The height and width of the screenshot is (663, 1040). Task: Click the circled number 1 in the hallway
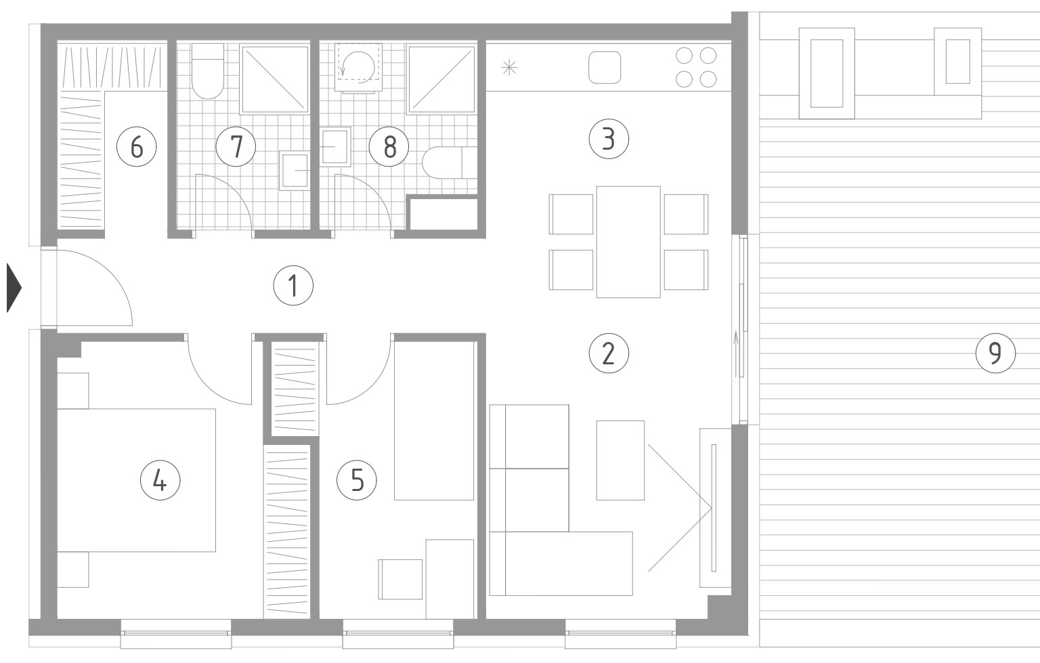point(293,285)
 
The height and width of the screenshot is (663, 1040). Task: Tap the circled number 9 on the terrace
point(995,354)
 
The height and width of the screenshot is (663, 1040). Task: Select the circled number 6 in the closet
point(136,147)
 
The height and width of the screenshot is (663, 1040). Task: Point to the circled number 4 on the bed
point(160,480)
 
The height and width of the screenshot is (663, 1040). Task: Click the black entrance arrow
point(14,288)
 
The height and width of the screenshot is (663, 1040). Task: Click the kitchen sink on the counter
point(605,67)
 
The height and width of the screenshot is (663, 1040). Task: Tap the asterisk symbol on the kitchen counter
point(509,68)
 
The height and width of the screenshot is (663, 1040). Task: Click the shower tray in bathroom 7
point(274,79)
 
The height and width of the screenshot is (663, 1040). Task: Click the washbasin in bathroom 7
point(295,171)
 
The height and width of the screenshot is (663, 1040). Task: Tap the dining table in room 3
point(628,242)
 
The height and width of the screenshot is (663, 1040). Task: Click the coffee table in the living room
point(620,460)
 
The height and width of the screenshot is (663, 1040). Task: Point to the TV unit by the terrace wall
point(715,508)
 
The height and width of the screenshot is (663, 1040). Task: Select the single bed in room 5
point(434,421)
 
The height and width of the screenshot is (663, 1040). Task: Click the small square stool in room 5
point(400,579)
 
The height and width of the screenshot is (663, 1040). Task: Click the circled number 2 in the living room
point(608,354)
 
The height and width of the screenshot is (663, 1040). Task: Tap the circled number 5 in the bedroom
point(357,480)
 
